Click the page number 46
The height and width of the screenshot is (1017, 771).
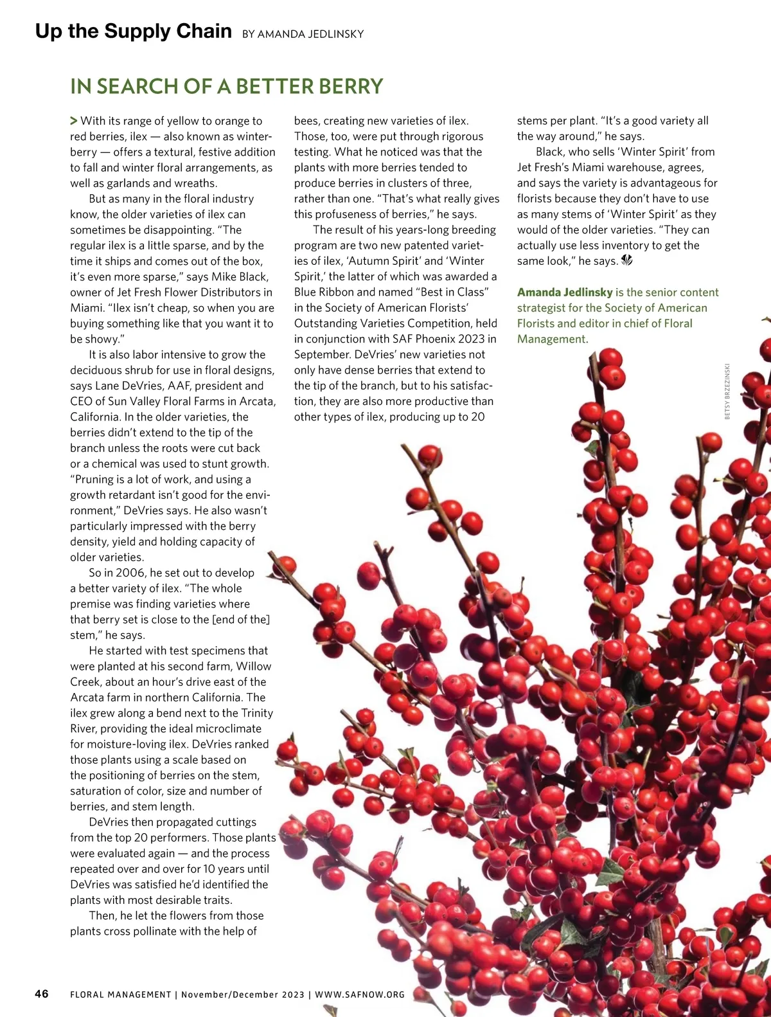(x=41, y=994)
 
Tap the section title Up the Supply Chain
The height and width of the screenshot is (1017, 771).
(x=133, y=31)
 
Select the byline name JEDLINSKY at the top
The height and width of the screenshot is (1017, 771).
(x=332, y=34)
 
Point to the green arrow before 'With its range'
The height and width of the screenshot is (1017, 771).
(x=74, y=120)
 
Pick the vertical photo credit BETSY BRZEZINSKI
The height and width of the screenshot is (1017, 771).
(x=727, y=391)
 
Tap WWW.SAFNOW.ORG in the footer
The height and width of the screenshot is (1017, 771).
(x=360, y=995)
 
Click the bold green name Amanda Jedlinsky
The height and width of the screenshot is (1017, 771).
(x=565, y=292)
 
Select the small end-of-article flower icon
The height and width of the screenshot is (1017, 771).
(x=627, y=260)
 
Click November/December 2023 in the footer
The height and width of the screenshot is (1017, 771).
(x=243, y=995)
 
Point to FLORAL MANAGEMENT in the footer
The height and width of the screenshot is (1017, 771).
(x=121, y=995)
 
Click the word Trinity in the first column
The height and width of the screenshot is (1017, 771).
(x=257, y=713)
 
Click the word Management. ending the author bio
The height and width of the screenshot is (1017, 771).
(x=553, y=339)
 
